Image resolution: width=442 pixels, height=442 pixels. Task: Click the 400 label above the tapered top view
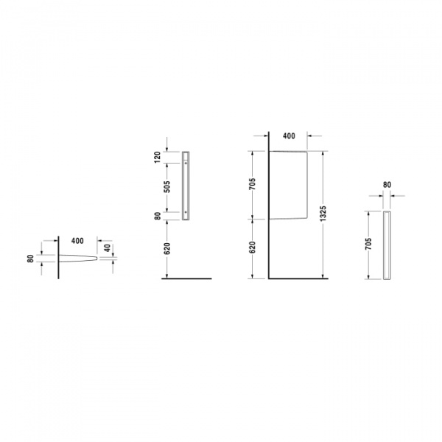77,241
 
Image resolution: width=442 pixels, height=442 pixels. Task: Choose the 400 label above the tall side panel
289,136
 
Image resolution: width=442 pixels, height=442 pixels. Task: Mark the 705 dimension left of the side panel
252,184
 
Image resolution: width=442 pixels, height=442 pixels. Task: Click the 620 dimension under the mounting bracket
168,248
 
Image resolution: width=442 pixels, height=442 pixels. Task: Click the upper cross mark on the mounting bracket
185,163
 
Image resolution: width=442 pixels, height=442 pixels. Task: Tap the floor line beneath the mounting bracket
188,278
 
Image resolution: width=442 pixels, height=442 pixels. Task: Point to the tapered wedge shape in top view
77,259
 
